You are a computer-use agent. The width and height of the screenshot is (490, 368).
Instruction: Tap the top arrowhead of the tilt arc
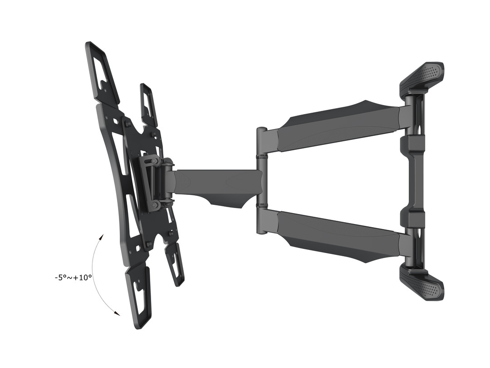(102, 237)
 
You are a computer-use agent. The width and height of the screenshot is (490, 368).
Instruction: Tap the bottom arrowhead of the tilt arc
(118, 313)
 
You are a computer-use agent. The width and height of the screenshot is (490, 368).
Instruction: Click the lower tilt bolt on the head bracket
(155, 205)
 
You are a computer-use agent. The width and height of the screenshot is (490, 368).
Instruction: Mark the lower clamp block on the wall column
(412, 219)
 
